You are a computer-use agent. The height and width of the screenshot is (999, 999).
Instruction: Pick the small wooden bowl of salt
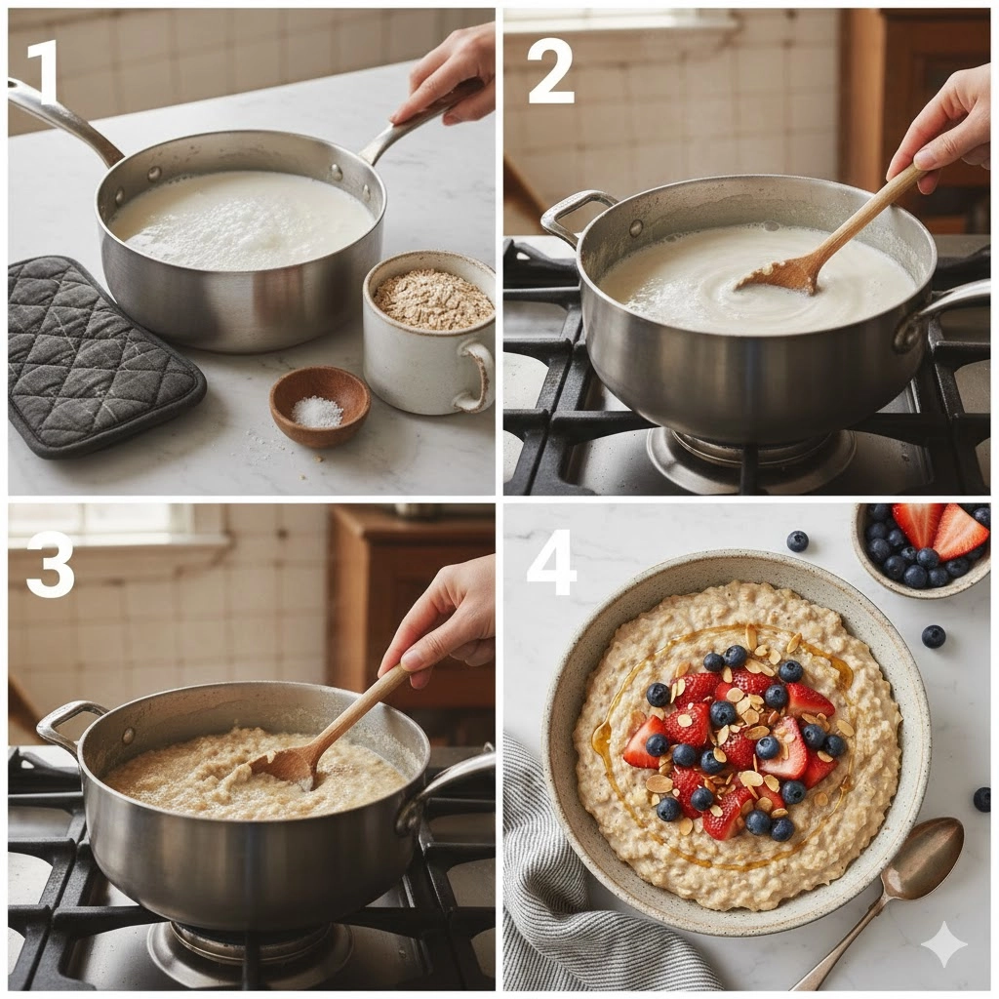coord(320,406)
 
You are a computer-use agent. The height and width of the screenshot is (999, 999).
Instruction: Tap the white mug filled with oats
coord(428,332)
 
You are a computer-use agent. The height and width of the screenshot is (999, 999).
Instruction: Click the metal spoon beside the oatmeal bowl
coord(892,892)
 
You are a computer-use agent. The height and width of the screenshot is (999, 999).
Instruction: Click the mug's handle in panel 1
coord(478,376)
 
